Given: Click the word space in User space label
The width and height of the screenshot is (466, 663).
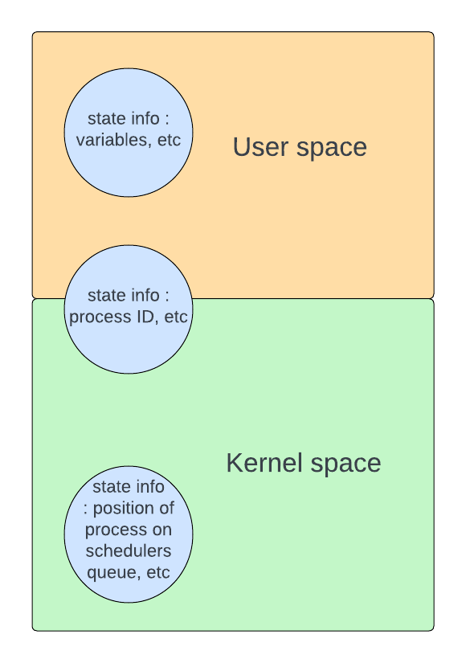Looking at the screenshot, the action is click(332, 149).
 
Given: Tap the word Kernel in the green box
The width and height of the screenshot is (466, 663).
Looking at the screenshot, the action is click(264, 463).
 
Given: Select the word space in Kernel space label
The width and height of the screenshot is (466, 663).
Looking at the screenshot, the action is click(346, 465).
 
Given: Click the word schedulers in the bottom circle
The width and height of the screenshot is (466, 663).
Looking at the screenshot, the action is click(129, 550).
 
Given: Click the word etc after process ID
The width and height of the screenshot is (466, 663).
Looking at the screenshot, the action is click(175, 317).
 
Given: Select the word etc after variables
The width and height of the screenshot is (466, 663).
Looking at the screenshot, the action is click(170, 140).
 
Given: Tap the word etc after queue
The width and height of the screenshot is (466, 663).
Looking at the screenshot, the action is click(158, 572).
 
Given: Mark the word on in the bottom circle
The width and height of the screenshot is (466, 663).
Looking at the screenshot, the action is click(162, 530).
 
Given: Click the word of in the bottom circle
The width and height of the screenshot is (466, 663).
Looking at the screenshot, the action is click(166, 508).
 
